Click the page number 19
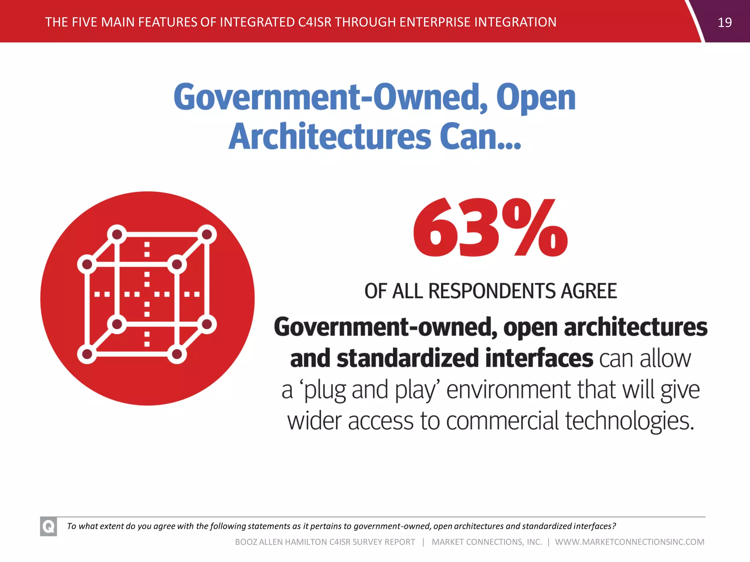724,23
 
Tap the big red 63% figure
490,228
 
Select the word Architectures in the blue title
330,136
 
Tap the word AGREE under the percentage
589,291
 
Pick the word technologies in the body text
630,421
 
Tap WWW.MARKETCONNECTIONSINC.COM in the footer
630,542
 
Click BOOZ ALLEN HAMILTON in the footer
281,542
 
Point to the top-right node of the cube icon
207,234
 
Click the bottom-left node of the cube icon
87,354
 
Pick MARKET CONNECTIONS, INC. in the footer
487,542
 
